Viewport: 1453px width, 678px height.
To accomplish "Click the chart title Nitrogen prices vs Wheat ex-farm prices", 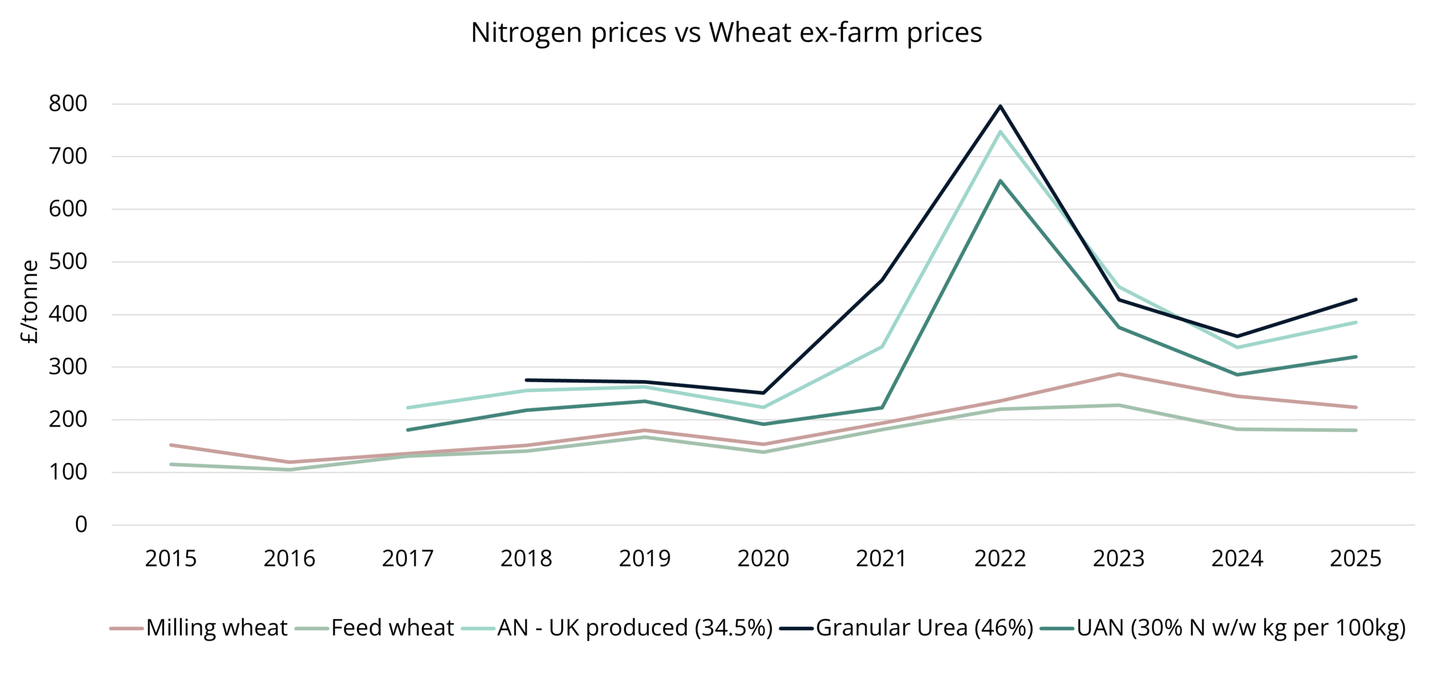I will (x=726, y=33).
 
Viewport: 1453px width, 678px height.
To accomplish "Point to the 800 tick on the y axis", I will (x=68, y=104).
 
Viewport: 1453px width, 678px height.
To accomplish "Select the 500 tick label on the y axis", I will (x=68, y=262).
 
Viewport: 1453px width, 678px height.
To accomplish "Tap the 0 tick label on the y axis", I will (x=81, y=525).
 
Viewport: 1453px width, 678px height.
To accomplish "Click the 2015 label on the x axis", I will (x=170, y=559).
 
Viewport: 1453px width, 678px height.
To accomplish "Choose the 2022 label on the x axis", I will (x=1000, y=559).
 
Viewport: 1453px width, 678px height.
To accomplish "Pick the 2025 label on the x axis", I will (x=1355, y=559).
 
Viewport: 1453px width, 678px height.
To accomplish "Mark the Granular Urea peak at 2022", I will (x=1000, y=106).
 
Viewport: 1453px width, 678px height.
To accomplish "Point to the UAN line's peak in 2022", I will (x=1000, y=181).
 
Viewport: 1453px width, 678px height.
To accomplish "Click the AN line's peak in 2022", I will (x=1000, y=132).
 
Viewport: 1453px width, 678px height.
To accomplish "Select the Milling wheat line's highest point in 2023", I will (x=1119, y=374).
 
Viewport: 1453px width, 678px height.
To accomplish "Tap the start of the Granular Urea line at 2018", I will (x=527, y=380).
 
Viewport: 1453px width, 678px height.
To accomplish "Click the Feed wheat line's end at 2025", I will (x=1355, y=430).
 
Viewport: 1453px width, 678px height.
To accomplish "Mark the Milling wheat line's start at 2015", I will (x=171, y=445).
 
